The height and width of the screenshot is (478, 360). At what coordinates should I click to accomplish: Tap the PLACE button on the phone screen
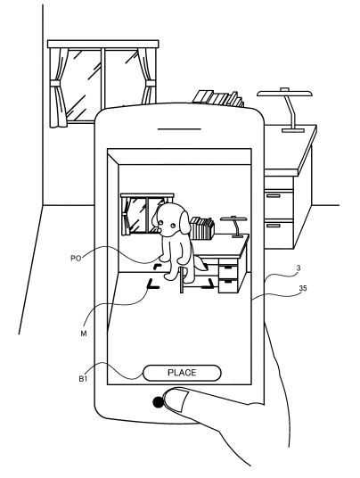(x=182, y=373)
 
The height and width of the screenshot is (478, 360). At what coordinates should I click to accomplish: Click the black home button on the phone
(x=158, y=402)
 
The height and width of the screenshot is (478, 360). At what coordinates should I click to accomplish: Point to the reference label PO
(x=76, y=259)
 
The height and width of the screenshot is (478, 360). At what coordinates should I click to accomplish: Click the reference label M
(x=84, y=334)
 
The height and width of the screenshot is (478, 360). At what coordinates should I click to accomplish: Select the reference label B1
(x=83, y=379)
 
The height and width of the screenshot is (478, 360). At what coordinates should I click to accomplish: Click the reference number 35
(x=303, y=288)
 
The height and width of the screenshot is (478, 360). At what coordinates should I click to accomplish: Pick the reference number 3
(x=299, y=268)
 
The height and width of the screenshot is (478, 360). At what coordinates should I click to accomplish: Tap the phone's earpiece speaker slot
(x=179, y=129)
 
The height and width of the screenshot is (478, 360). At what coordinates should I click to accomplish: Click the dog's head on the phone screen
(x=171, y=219)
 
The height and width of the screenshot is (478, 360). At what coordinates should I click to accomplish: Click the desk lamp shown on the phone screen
(x=234, y=227)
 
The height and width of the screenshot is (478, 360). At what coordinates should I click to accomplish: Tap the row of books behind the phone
(x=218, y=98)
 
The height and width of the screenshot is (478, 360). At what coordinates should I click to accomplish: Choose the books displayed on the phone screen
(x=202, y=228)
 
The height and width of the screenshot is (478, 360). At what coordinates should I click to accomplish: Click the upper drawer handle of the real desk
(x=274, y=195)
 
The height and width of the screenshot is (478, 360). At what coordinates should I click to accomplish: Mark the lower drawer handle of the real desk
(x=274, y=226)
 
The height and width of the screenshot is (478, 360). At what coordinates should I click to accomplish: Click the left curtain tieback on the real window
(x=55, y=84)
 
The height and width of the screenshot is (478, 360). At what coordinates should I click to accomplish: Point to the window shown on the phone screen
(x=143, y=214)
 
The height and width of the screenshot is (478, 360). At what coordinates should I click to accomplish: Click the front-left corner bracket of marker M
(x=152, y=284)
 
